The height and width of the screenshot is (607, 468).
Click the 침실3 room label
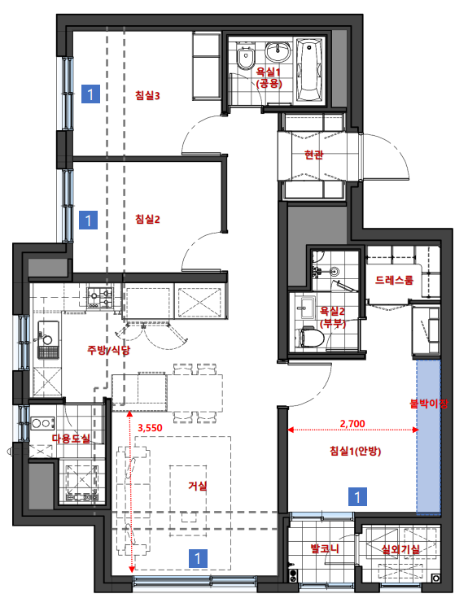click(147, 95)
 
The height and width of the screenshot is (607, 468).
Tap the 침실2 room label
click(147, 219)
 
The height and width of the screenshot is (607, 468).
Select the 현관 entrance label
click(313, 155)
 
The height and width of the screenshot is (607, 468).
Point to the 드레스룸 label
click(394, 280)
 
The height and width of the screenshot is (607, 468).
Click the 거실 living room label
click(198, 486)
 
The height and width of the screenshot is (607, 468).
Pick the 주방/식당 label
click(108, 350)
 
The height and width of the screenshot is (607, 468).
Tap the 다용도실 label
click(71, 439)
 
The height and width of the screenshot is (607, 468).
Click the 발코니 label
click(325, 548)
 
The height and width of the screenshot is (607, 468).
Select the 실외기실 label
click(400, 549)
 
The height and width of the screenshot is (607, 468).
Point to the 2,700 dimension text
click(352, 424)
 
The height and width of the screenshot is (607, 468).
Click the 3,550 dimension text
click(150, 428)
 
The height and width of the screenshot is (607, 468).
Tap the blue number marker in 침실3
click(90, 94)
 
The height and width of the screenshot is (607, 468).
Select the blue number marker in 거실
click(198, 559)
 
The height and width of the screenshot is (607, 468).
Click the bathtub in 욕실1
click(309, 70)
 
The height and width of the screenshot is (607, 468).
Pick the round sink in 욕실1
click(278, 52)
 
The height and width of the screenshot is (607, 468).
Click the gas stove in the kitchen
click(99, 298)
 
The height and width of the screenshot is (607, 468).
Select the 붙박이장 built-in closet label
click(428, 404)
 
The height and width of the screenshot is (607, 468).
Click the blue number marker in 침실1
click(357, 496)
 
